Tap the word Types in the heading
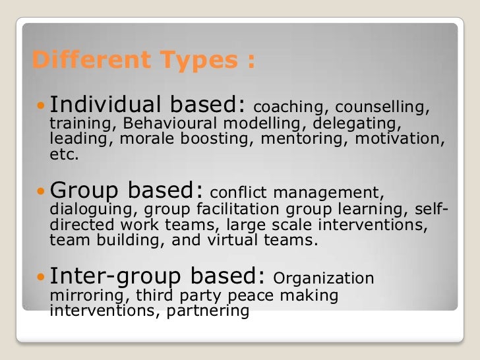click(x=189, y=62)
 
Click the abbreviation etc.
click(x=64, y=156)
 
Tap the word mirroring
click(x=81, y=295)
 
